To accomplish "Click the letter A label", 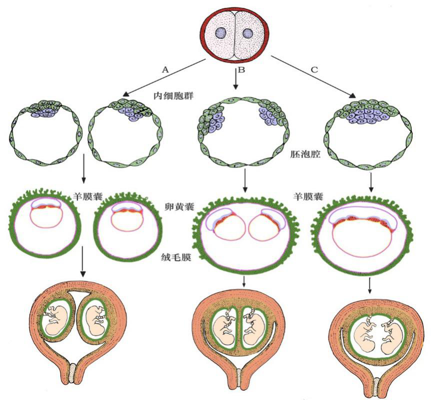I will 165,69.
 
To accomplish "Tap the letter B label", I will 241,69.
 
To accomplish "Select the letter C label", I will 314,69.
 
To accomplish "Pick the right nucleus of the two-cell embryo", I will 248,33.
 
